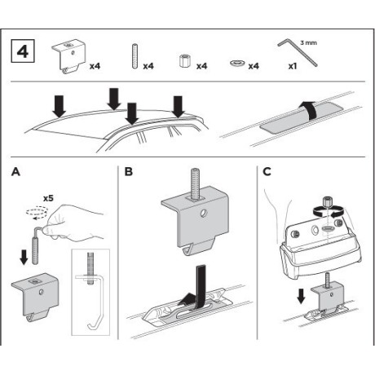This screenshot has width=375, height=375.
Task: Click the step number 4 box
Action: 23,51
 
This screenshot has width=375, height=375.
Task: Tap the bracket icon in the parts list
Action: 68,56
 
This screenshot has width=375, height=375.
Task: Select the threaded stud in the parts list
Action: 134,56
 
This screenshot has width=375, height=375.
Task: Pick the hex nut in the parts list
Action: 184,60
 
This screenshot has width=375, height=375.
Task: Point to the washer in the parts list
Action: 237,64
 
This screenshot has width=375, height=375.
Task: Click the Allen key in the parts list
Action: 298,52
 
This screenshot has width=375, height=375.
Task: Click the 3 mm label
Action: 309,42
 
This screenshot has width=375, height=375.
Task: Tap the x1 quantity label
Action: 293,66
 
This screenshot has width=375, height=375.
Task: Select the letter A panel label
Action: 16,172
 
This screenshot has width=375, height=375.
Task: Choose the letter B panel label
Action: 128,172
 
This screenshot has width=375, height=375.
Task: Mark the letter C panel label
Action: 267,172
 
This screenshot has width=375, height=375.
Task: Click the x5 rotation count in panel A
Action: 48,198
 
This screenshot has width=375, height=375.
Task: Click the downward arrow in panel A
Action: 24,257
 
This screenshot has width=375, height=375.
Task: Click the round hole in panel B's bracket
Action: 203,214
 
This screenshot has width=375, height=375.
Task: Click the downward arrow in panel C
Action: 301,296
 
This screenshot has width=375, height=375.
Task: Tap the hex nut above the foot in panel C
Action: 326,202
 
